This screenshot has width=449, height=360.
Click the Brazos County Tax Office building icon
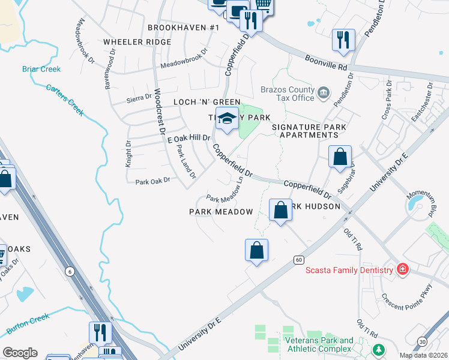(x=324, y=92)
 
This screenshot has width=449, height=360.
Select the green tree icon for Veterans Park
(x=378, y=349)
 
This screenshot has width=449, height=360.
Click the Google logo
(x=20, y=353)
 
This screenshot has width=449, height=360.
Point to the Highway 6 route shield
(x=70, y=272)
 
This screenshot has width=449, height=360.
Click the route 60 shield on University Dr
(x=298, y=260)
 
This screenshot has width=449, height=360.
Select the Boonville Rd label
(x=326, y=61)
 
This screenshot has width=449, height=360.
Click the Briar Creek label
(x=41, y=69)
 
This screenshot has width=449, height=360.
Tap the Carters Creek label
(x=65, y=100)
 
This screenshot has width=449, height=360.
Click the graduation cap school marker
(x=227, y=121)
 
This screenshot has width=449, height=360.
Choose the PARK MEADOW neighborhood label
(x=221, y=212)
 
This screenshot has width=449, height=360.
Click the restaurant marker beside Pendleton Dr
(x=343, y=40)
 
